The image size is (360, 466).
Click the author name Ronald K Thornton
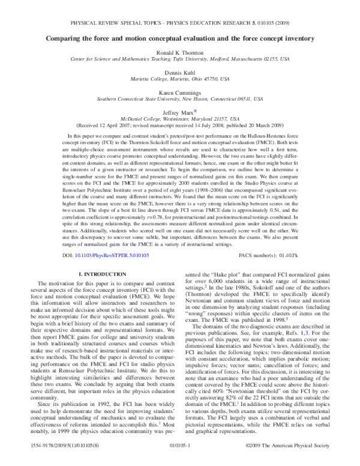[x=180, y=53]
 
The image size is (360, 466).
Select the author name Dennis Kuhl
[x=180, y=71]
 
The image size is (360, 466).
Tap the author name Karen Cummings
[x=180, y=88]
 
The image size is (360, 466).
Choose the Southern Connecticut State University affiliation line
[x=180, y=95]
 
